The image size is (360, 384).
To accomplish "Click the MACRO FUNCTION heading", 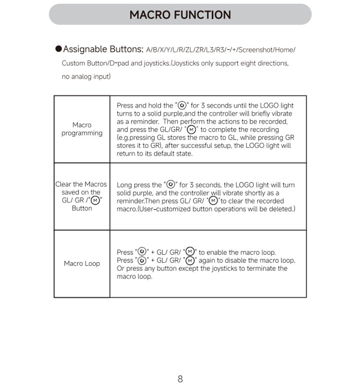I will (x=180, y=15).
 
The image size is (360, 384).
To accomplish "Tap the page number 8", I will (x=180, y=379).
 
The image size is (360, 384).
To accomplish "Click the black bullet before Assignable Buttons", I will (x=59, y=49).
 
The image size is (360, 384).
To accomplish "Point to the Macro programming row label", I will (x=82, y=129).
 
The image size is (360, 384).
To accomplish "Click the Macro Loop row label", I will (x=82, y=264).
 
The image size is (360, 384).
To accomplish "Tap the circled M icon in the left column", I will (x=95, y=201).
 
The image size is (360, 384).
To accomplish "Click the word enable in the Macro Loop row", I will (x=218, y=252).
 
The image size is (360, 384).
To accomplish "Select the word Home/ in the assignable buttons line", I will (x=286, y=50).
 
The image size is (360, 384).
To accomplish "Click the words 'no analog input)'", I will (x=86, y=77).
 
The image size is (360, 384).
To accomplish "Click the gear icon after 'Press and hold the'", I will (x=182, y=106).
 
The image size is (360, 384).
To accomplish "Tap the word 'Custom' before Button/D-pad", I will (x=73, y=63).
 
